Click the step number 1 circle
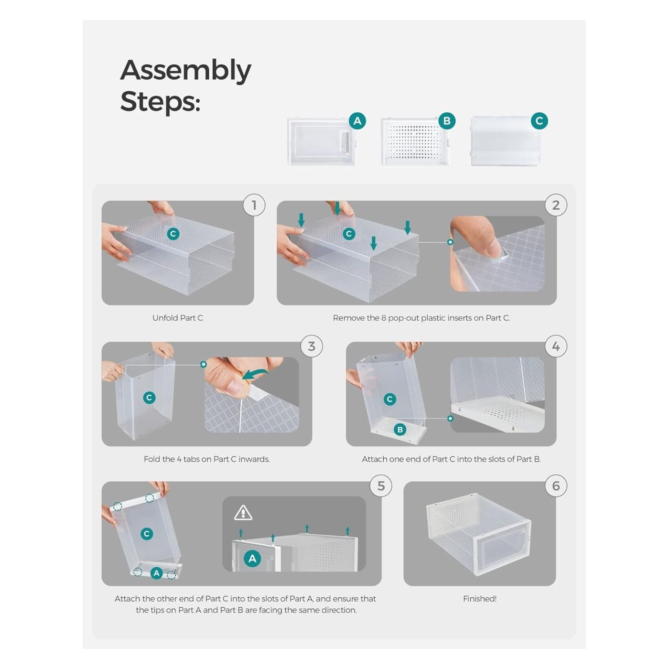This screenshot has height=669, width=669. pyautogui.click(x=254, y=205)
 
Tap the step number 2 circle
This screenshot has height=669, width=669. pyautogui.click(x=556, y=205)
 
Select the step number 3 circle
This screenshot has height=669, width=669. pyautogui.click(x=312, y=346)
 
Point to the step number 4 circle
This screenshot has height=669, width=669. pyautogui.click(x=556, y=346)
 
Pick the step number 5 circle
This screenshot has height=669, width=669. pyautogui.click(x=381, y=486)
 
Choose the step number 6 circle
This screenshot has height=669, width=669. pyautogui.click(x=556, y=486)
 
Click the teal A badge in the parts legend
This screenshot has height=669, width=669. pyautogui.click(x=357, y=121)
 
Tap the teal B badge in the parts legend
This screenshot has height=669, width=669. pyautogui.click(x=447, y=121)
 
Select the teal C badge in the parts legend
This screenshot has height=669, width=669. pyautogui.click(x=539, y=121)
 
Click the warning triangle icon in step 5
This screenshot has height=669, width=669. pyautogui.click(x=243, y=513)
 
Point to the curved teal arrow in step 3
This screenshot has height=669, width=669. pyautogui.click(x=255, y=374)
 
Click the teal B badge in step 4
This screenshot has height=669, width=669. pyautogui.click(x=400, y=430)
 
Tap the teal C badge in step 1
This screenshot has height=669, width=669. pyautogui.click(x=173, y=234)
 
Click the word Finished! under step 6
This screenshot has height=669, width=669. pyautogui.click(x=479, y=599)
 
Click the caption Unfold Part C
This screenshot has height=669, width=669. pyautogui.click(x=177, y=318)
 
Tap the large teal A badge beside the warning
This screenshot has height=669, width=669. pyautogui.click(x=252, y=558)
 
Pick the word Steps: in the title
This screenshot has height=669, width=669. pyautogui.click(x=161, y=101)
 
